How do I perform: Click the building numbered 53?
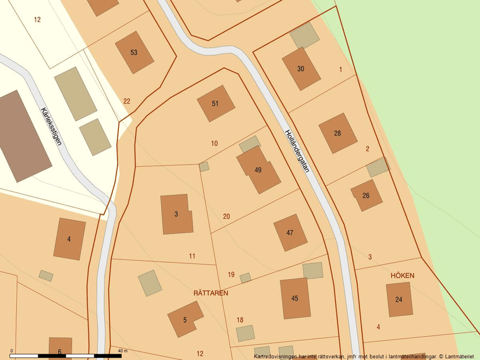click(x=134, y=52)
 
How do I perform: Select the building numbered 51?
click(x=215, y=104)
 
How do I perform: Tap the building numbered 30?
click(x=301, y=69)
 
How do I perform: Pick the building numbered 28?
click(x=337, y=133)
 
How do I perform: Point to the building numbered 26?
click(x=366, y=195)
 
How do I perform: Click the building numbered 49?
click(x=258, y=170)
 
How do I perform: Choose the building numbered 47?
click(x=290, y=233)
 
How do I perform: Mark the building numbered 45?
click(x=295, y=298)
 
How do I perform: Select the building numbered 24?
click(x=399, y=300)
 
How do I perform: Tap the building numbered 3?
click(x=176, y=214)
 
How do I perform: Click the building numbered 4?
click(x=69, y=238)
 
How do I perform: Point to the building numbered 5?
click(x=185, y=319)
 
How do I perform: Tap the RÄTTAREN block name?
click(x=211, y=293)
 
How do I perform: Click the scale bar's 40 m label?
click(x=122, y=351)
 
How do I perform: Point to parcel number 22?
click(x=127, y=101)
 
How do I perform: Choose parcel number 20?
click(x=226, y=216)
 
